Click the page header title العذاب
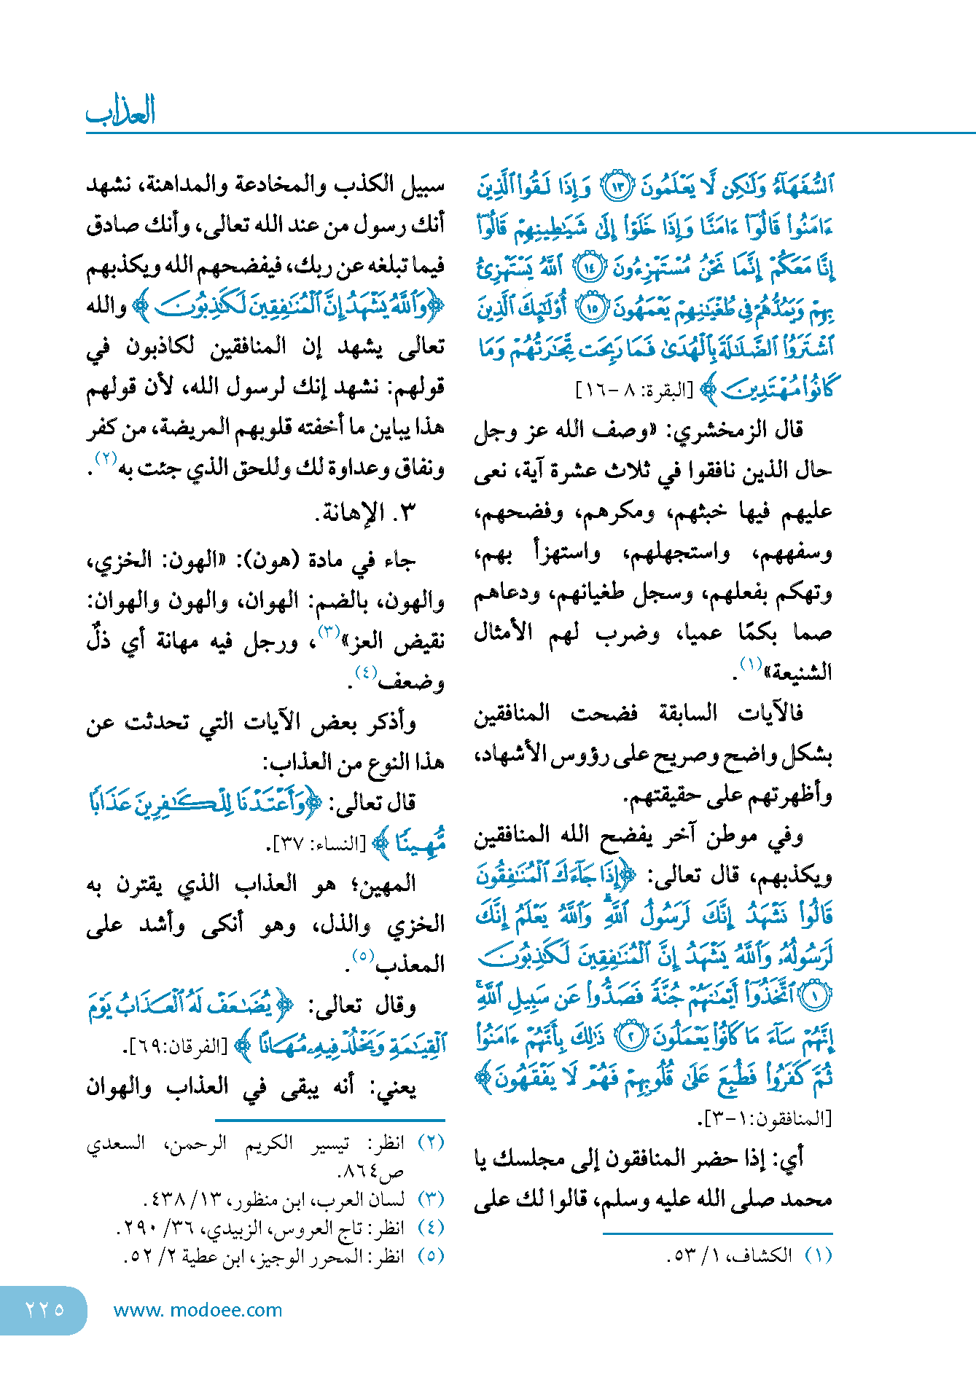point(121,111)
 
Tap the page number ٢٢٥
point(44,1309)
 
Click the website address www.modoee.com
point(198,1310)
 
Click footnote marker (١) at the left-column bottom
point(819,1255)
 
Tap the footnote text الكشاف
point(765,1255)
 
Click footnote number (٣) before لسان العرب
point(432,1198)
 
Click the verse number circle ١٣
point(617,188)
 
